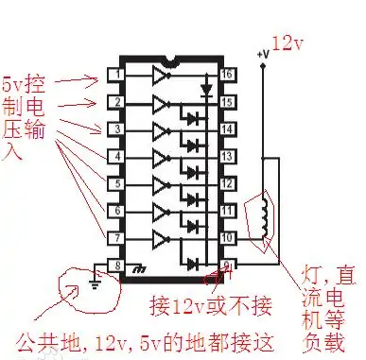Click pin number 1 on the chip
[x=116, y=73]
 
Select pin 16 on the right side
[x=227, y=73]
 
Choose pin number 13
[x=227, y=155]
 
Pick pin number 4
[x=116, y=155]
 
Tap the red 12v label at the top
[x=288, y=43]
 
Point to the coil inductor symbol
[x=264, y=216]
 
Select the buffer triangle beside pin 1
[x=161, y=73]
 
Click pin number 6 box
[x=116, y=210]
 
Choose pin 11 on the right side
[x=227, y=210]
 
